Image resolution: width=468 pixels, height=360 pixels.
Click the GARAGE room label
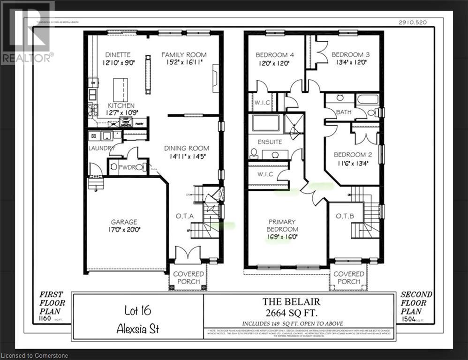coord(124,222)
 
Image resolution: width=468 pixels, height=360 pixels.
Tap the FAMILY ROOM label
coord(184,55)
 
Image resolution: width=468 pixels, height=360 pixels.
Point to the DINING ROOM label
coord(186,148)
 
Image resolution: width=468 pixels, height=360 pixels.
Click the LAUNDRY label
coord(101,149)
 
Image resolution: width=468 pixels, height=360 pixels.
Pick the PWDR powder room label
coord(127,166)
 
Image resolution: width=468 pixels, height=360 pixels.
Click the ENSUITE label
coord(269,142)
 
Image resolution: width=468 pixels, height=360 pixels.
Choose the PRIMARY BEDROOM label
coord(282,225)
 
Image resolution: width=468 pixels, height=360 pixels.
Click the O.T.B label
coord(345,216)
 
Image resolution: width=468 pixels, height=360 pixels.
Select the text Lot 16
coord(137,310)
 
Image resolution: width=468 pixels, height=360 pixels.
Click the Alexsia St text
coord(137,329)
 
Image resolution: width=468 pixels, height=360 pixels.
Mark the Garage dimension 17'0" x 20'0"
coord(124,230)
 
